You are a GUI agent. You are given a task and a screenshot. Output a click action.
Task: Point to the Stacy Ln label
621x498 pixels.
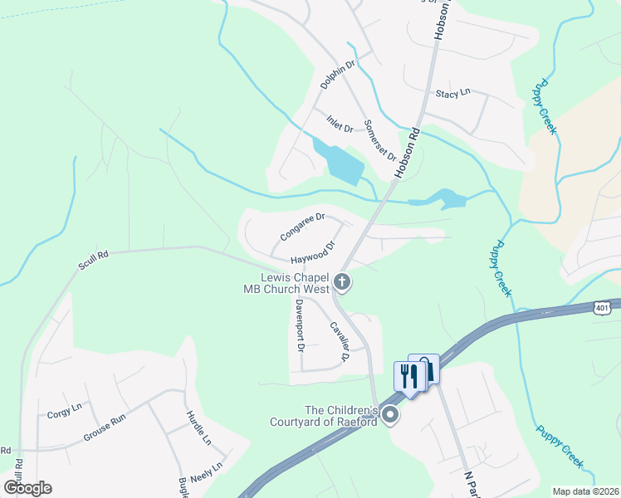click(452, 94)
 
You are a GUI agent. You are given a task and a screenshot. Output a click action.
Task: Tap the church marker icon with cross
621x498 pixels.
click(342, 284)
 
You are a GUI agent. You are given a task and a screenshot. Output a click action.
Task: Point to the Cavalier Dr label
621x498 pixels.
click(338, 341)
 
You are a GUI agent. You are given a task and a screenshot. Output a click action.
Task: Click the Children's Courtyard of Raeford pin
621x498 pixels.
click(389, 415)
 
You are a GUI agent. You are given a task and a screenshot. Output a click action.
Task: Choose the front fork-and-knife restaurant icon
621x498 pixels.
click(409, 375)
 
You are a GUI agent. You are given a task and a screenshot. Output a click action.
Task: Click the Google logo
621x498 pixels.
click(27, 487)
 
